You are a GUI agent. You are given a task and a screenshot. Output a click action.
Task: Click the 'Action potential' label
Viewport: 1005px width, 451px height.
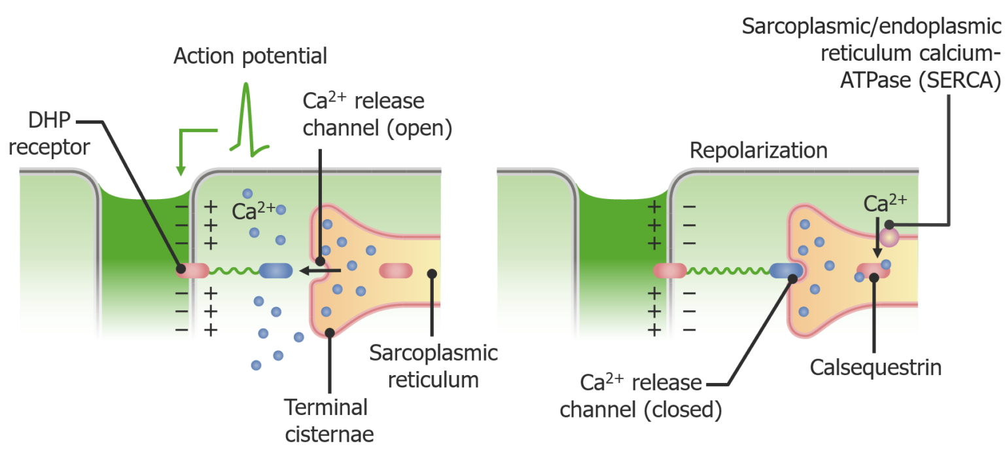[x=250, y=56]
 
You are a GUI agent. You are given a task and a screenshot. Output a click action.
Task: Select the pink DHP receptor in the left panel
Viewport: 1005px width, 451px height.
[x=192, y=269]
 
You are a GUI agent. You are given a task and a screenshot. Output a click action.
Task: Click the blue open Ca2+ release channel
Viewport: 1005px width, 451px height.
[x=276, y=270]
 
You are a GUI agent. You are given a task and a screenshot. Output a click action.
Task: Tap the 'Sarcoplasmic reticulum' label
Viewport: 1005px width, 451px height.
[x=433, y=366]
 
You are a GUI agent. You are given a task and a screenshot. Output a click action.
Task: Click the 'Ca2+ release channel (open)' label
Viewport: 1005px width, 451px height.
[x=377, y=115]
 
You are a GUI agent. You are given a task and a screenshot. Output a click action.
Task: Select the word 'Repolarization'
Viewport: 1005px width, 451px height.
[x=758, y=151]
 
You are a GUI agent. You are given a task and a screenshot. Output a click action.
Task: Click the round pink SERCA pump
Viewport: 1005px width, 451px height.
[x=889, y=236]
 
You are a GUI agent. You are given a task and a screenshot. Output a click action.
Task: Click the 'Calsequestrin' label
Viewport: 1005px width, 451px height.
[x=875, y=367]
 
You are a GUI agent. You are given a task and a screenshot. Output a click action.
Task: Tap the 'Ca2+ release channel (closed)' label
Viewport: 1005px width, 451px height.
[x=641, y=395]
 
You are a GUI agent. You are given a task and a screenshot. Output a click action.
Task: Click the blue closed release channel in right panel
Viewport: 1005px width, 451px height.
[x=785, y=270]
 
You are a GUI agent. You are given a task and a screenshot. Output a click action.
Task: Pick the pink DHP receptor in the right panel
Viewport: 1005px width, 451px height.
[x=669, y=270]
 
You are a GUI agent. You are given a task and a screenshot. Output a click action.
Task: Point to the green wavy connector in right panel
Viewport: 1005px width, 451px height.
[x=727, y=270]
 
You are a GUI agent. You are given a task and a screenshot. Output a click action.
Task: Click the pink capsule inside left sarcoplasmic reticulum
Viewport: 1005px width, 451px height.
[x=395, y=270]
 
